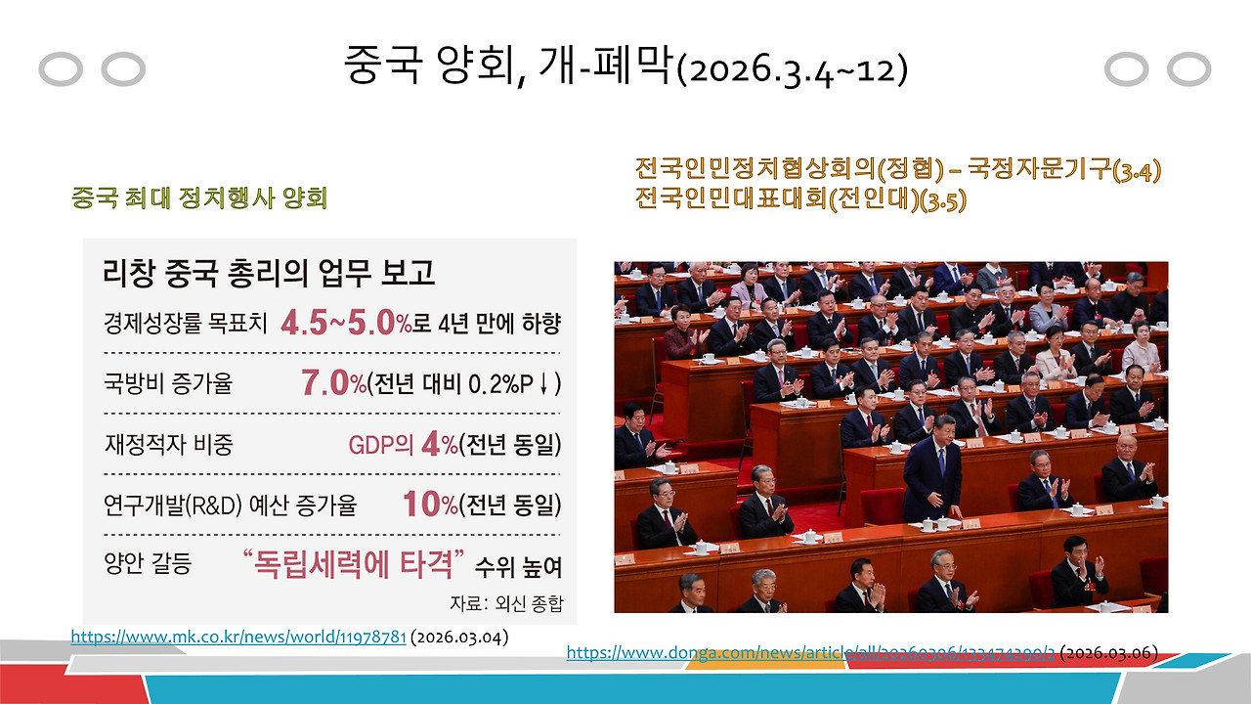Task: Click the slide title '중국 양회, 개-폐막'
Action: coord(508,66)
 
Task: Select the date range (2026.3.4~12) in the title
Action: coord(793,70)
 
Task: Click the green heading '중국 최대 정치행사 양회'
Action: coord(198,198)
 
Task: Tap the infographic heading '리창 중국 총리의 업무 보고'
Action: coord(269,271)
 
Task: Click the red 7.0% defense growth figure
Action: coord(332,382)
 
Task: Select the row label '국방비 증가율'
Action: coord(167,383)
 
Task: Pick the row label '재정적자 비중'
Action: coord(167,445)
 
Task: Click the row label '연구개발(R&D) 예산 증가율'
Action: coord(230,506)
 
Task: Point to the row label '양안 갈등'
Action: coord(147,565)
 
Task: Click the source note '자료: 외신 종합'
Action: coord(505,602)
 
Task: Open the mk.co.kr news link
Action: coord(238,638)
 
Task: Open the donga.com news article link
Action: coord(810,652)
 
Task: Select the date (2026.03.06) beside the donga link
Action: coord(1108,652)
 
